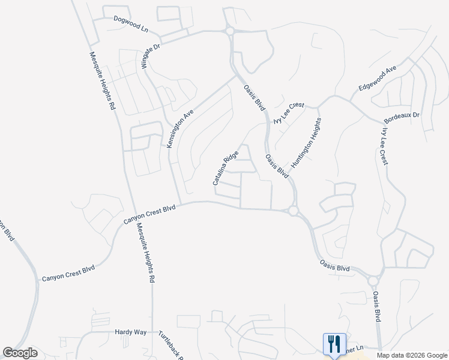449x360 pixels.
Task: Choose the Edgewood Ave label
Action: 378,78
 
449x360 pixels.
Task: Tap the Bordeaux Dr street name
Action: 402,114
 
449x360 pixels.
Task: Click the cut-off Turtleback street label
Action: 170,344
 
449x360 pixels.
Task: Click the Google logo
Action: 20,353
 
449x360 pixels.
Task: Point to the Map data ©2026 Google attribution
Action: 412,355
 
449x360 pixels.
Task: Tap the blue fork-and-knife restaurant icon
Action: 333,344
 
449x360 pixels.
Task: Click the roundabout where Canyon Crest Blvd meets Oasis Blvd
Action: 293,211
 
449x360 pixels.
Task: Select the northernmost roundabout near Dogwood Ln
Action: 229,31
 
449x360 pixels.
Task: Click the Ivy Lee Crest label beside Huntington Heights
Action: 289,112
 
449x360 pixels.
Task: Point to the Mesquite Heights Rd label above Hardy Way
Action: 146,253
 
